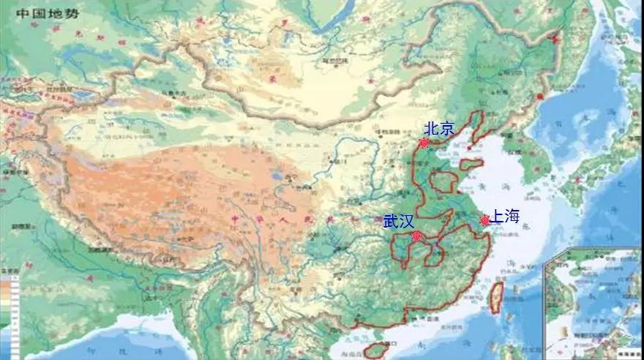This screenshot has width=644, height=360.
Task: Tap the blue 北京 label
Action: coord(439,129)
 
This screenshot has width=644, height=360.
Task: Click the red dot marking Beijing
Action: coord(424,143)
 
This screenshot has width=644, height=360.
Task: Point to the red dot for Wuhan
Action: coord(416,236)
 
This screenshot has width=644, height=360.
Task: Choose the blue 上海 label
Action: coord(505,216)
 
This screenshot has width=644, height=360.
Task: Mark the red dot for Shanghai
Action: coord(484,220)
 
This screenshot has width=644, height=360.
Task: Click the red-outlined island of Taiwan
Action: coord(495,296)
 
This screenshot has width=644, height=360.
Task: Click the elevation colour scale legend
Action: coord(9,300)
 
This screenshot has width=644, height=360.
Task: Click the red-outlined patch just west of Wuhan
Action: coord(400,249)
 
